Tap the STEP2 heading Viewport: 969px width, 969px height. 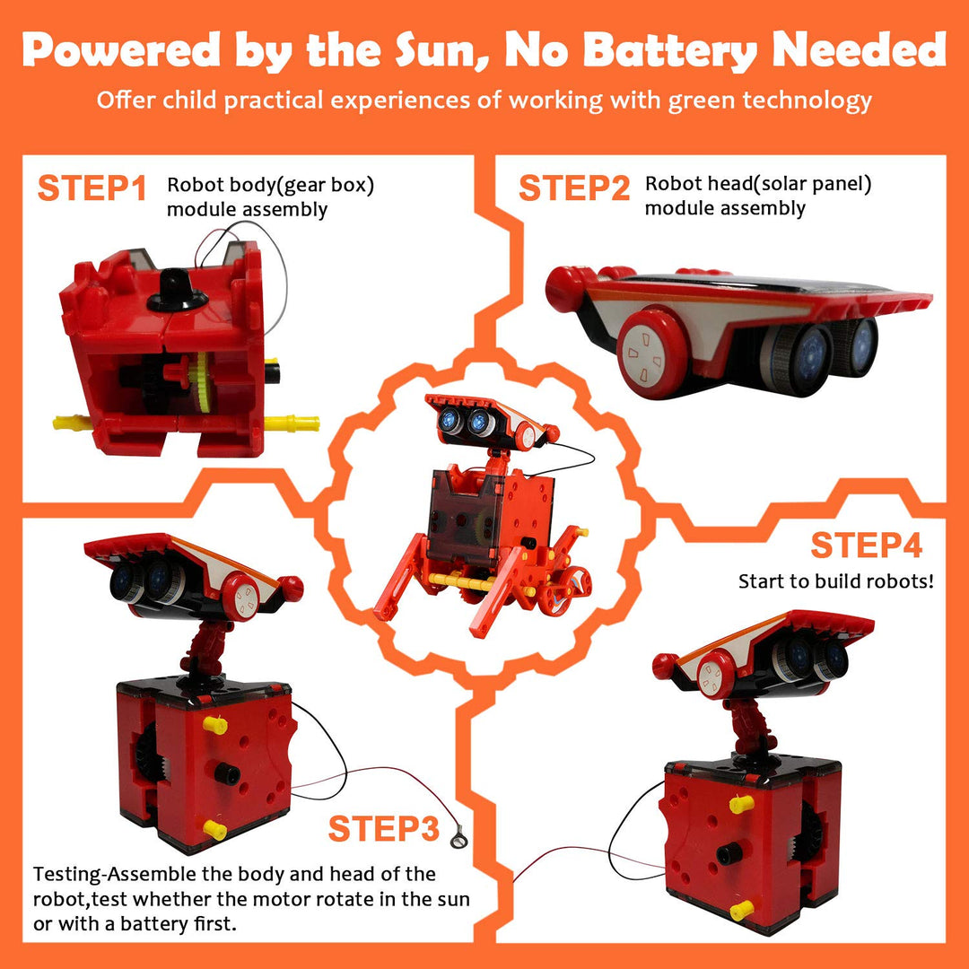[575, 189]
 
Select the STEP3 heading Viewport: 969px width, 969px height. [383, 829]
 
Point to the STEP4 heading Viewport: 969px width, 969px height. [866, 545]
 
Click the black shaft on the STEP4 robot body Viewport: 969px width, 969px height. [729, 854]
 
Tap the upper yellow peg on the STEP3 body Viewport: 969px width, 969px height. [215, 723]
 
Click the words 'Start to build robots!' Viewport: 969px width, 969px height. [836, 581]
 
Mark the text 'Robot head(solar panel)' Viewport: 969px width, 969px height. [758, 185]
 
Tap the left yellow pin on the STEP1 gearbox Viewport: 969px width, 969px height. [72, 423]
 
